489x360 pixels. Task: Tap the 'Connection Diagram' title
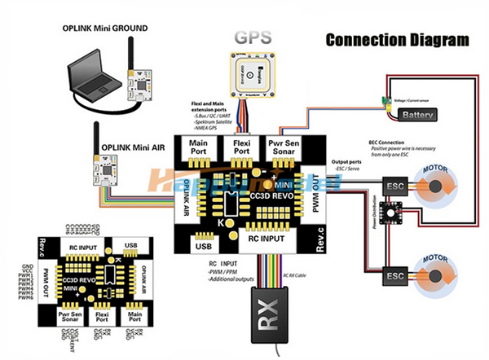[398, 39]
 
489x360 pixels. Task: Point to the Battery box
[425, 116]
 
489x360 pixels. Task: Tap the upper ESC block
[394, 186]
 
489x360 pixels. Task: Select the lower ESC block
[394, 277]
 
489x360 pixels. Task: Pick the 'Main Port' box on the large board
[198, 148]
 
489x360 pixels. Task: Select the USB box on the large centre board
[205, 243]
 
